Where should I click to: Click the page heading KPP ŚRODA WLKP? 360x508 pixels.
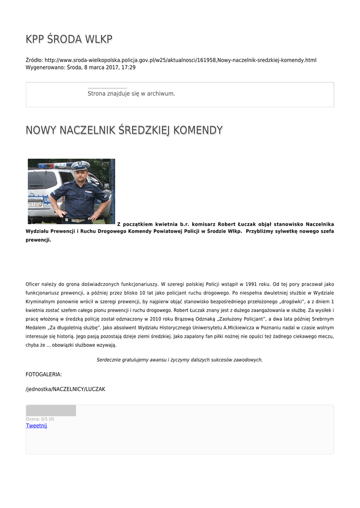point(69,39)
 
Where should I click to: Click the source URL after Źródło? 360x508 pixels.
point(180,60)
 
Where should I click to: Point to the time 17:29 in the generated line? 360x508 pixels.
point(129,67)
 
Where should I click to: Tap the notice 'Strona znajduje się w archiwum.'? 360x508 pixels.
point(131,93)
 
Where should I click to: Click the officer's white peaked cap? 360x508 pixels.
point(80,165)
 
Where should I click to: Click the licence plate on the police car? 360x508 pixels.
point(35,203)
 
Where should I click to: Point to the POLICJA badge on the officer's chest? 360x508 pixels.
point(88,191)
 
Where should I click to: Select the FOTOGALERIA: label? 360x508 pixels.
point(44,375)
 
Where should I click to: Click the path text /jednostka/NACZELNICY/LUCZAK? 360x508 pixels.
point(66,389)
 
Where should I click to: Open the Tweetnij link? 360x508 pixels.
point(36,426)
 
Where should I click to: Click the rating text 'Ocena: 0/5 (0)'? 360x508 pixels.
point(40,419)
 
